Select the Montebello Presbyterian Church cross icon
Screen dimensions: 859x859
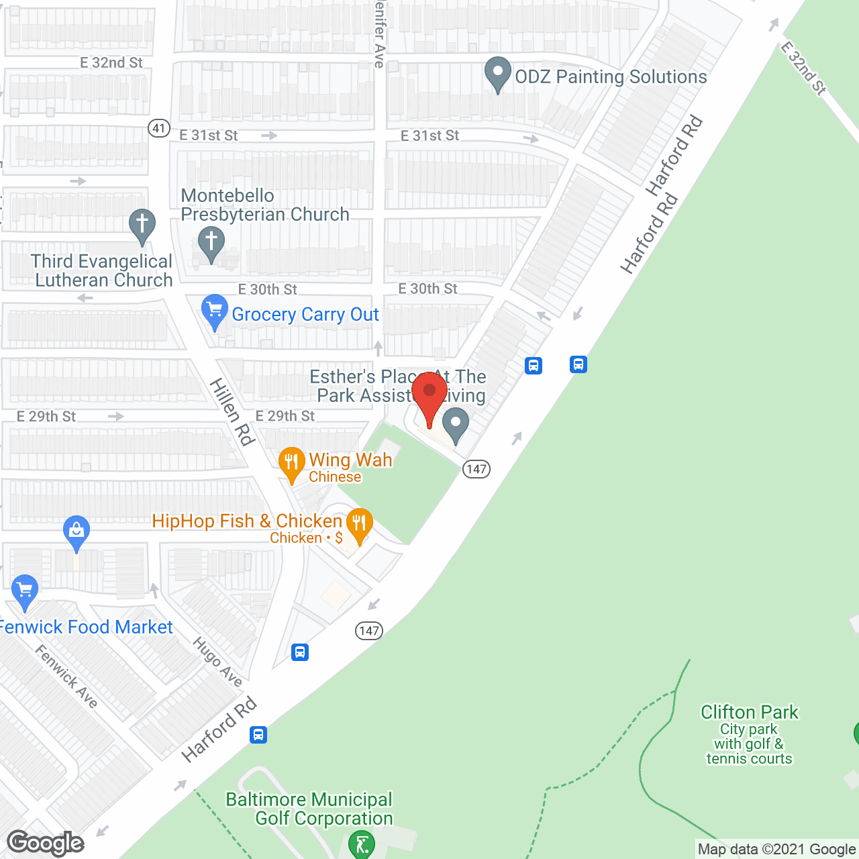click(211, 243)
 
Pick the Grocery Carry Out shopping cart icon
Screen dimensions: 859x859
click(214, 311)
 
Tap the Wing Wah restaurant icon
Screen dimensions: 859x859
click(291, 463)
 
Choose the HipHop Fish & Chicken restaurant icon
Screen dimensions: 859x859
click(360, 524)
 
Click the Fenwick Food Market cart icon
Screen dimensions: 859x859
click(25, 591)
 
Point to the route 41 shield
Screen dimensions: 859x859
click(159, 128)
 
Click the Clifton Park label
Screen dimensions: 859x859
click(749, 712)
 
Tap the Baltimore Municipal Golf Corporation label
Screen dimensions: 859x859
click(310, 809)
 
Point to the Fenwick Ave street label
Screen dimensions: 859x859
click(66, 676)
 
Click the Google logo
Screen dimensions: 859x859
click(46, 843)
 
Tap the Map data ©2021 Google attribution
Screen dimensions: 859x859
click(776, 850)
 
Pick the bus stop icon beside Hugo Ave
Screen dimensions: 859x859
click(300, 652)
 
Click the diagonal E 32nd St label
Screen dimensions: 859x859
click(803, 68)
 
